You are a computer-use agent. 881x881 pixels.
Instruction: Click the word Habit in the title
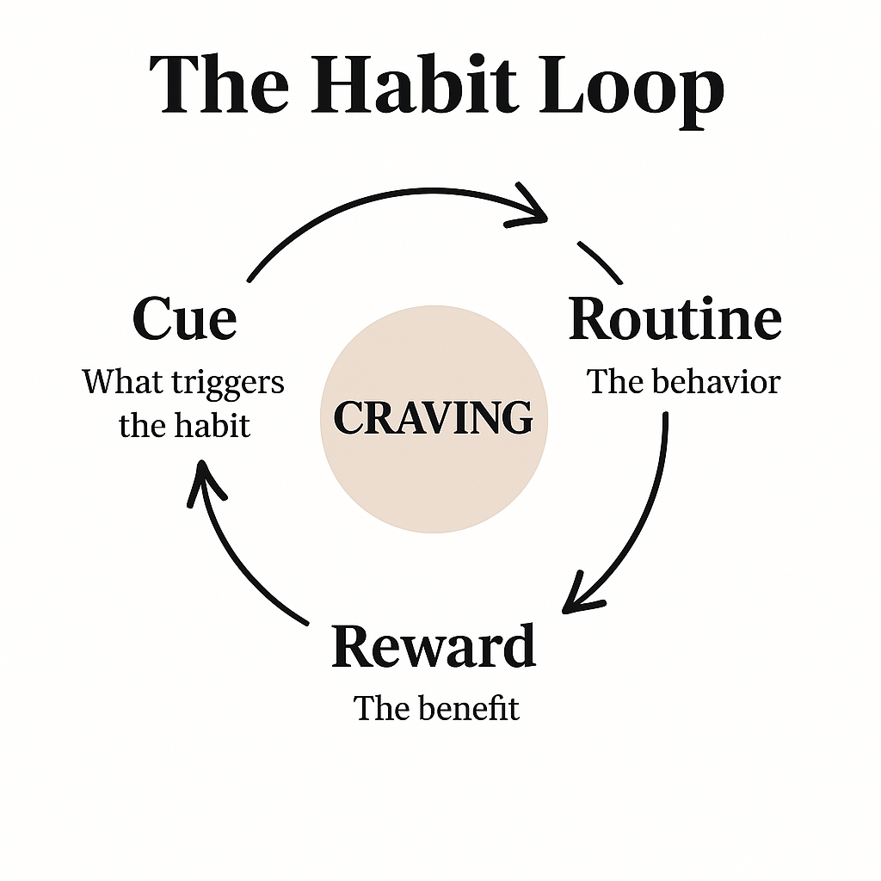[x=414, y=84]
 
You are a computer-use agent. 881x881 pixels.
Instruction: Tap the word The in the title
[x=219, y=85]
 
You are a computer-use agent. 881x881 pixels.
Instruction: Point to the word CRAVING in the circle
[x=434, y=418]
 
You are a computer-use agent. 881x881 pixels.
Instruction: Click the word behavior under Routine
[x=717, y=382]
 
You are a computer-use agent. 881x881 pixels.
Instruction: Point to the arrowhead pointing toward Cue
[x=205, y=481]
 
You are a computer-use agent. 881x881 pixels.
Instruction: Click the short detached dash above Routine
[x=600, y=262]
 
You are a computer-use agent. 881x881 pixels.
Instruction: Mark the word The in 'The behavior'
[x=615, y=382]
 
